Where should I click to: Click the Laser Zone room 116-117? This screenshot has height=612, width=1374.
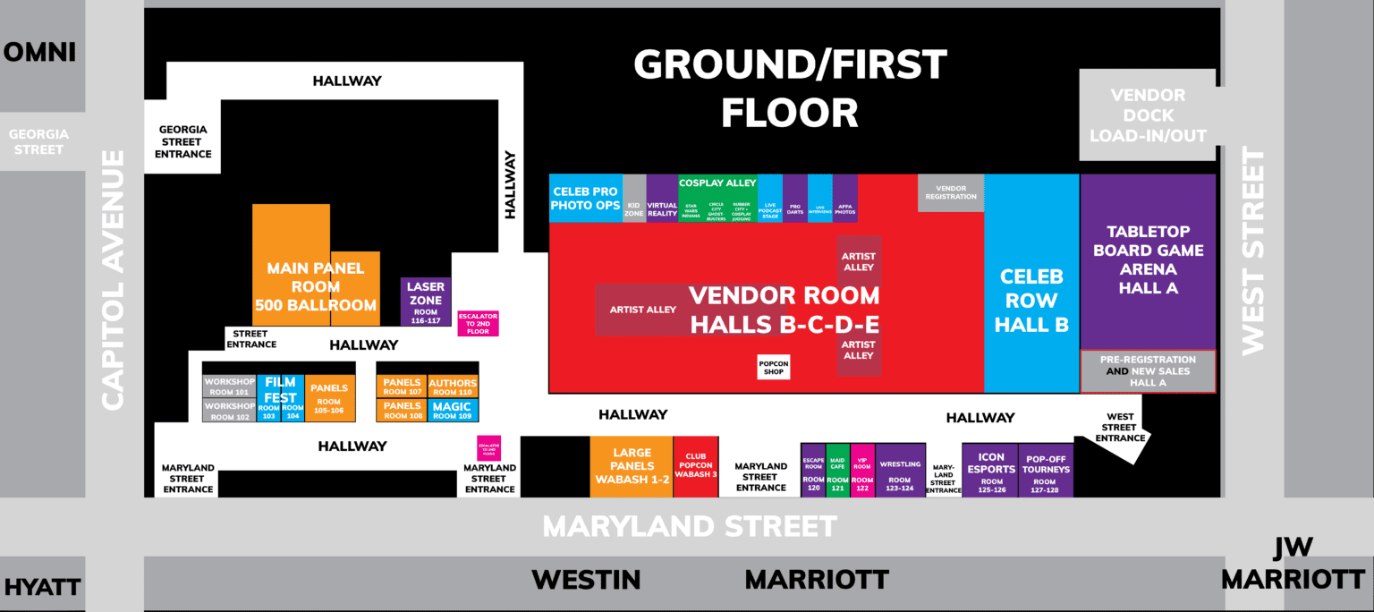click(x=426, y=302)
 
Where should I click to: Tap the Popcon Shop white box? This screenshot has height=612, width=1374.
click(x=774, y=367)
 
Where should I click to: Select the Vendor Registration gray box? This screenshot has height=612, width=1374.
click(x=951, y=192)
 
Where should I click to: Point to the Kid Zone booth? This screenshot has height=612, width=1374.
click(x=634, y=199)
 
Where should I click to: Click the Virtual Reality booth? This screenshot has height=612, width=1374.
click(x=662, y=199)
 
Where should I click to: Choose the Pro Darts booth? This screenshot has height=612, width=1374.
click(x=795, y=199)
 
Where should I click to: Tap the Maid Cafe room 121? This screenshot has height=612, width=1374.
click(x=837, y=470)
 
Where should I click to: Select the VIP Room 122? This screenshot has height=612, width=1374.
click(x=862, y=470)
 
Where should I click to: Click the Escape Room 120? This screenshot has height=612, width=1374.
click(x=813, y=470)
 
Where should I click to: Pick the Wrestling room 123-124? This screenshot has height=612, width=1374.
click(x=900, y=470)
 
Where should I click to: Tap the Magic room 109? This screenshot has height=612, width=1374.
click(x=453, y=411)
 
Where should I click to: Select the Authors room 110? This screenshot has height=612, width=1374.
click(x=453, y=387)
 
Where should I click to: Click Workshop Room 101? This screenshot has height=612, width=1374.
click(x=229, y=387)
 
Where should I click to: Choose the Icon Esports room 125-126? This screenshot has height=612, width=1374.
click(x=991, y=470)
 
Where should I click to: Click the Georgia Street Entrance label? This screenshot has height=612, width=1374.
click(x=184, y=141)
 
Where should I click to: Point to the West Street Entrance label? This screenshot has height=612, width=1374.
click(x=1120, y=428)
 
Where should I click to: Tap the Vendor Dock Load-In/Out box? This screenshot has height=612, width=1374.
click(x=1148, y=115)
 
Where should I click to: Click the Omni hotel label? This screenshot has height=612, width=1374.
click(x=39, y=53)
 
